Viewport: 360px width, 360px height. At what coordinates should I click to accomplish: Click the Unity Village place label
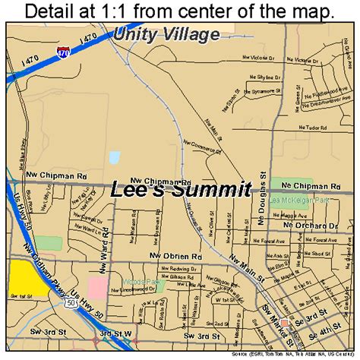(167, 33)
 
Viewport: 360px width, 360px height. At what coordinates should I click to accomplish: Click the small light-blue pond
(114, 158)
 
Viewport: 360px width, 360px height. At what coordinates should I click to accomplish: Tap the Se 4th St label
(330, 331)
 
